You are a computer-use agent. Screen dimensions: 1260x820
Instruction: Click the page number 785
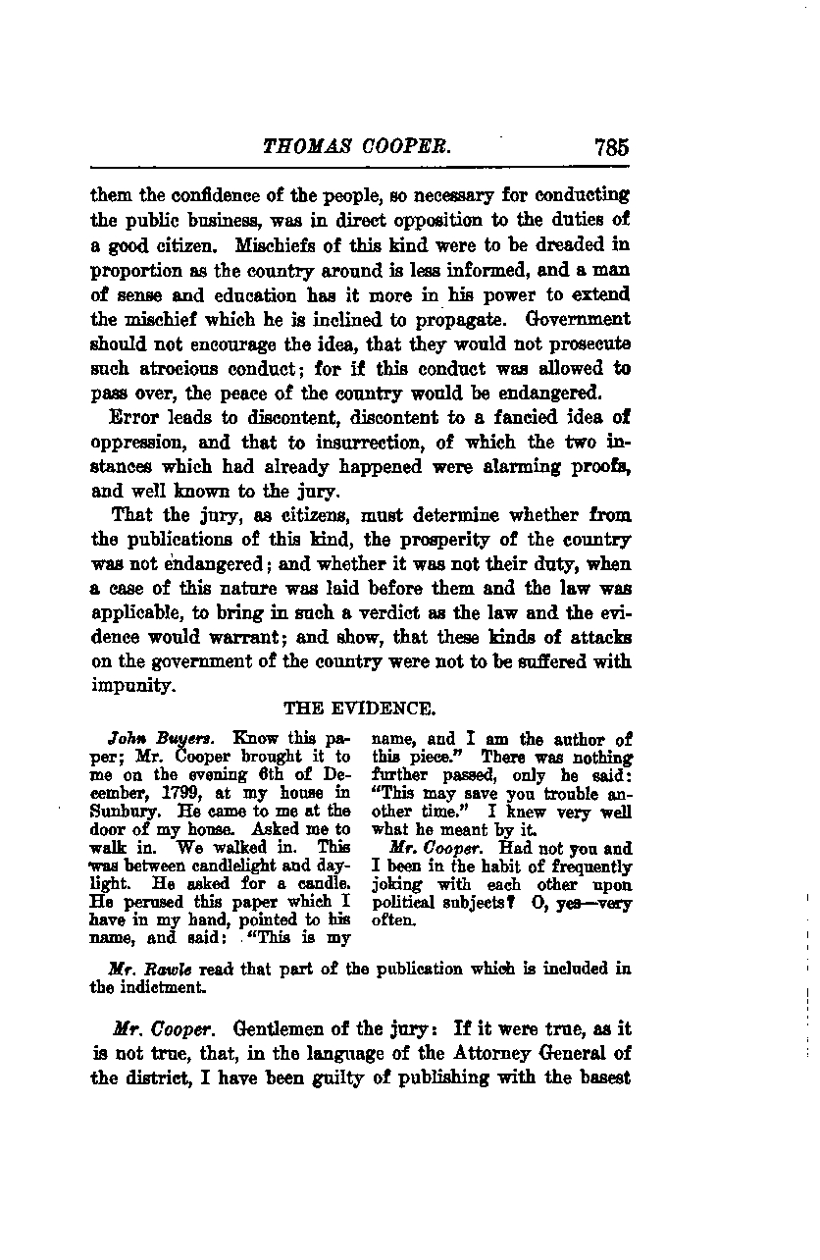(x=610, y=148)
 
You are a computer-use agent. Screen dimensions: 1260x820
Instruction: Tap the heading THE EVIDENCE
(x=359, y=709)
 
